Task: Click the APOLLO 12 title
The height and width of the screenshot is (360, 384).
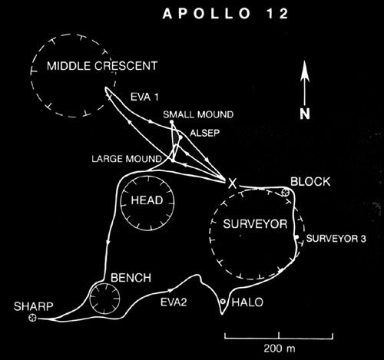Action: click(x=226, y=14)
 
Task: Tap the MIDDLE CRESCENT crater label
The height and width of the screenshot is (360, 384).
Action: click(x=102, y=66)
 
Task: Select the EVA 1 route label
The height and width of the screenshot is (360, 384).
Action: click(x=144, y=97)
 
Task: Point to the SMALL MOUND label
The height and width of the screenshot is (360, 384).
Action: click(x=198, y=114)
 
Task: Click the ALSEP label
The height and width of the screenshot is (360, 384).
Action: click(x=204, y=133)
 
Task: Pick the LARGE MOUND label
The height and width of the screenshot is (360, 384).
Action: click(x=127, y=159)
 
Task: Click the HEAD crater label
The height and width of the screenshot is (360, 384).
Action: click(x=147, y=200)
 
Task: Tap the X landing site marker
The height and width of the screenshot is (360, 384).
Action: click(x=232, y=183)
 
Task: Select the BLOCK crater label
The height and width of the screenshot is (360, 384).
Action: click(x=310, y=182)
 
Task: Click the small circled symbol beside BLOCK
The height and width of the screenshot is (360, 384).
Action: click(x=285, y=192)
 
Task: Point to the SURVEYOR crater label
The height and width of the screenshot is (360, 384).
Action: click(x=255, y=224)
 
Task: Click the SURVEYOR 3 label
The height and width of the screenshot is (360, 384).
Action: click(x=336, y=239)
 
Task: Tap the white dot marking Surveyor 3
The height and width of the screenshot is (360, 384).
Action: click(x=296, y=236)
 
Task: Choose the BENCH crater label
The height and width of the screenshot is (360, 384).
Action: click(x=131, y=278)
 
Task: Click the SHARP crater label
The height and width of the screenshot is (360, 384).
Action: click(x=34, y=306)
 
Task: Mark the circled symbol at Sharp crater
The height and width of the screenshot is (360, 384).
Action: click(x=32, y=318)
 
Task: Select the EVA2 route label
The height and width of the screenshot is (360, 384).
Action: click(x=174, y=302)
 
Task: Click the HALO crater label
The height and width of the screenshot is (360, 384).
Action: click(x=247, y=302)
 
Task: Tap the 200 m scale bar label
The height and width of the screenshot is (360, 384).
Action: click(x=280, y=348)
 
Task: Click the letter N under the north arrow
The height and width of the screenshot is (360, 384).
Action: click(x=305, y=114)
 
